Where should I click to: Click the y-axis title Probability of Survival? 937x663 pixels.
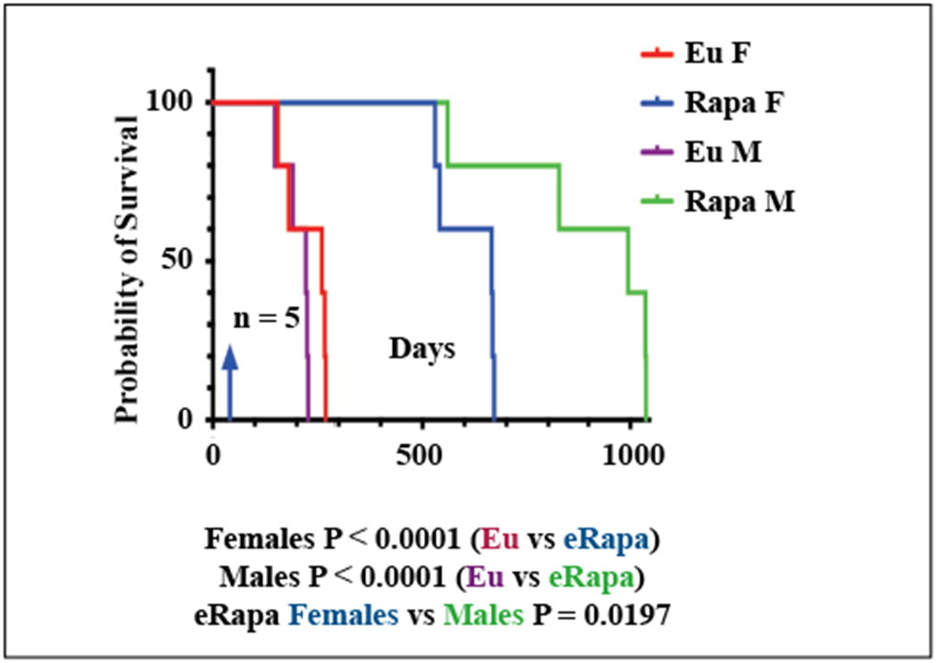click(x=131, y=269)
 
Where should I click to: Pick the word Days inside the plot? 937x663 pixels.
click(x=421, y=348)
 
